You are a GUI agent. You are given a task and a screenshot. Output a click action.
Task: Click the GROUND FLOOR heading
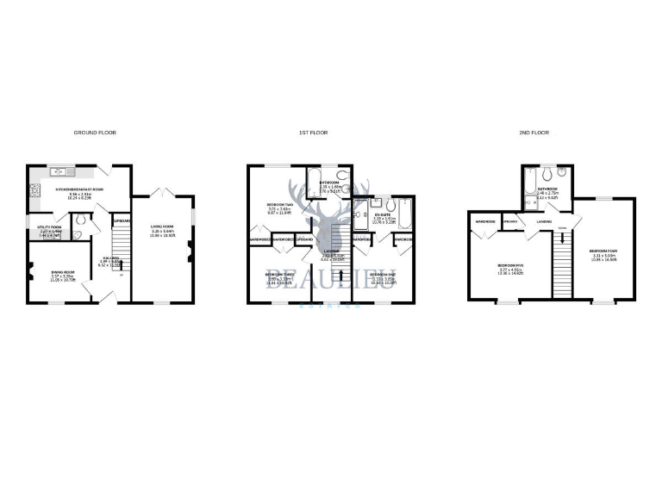[x=95, y=133]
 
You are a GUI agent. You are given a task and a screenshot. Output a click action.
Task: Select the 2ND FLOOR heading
[x=534, y=133]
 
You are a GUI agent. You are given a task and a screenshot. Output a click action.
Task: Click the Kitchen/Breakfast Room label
[x=79, y=189]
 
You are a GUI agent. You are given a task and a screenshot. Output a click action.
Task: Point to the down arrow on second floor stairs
[x=562, y=229]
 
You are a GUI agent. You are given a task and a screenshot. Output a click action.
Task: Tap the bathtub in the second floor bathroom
[x=526, y=181]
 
